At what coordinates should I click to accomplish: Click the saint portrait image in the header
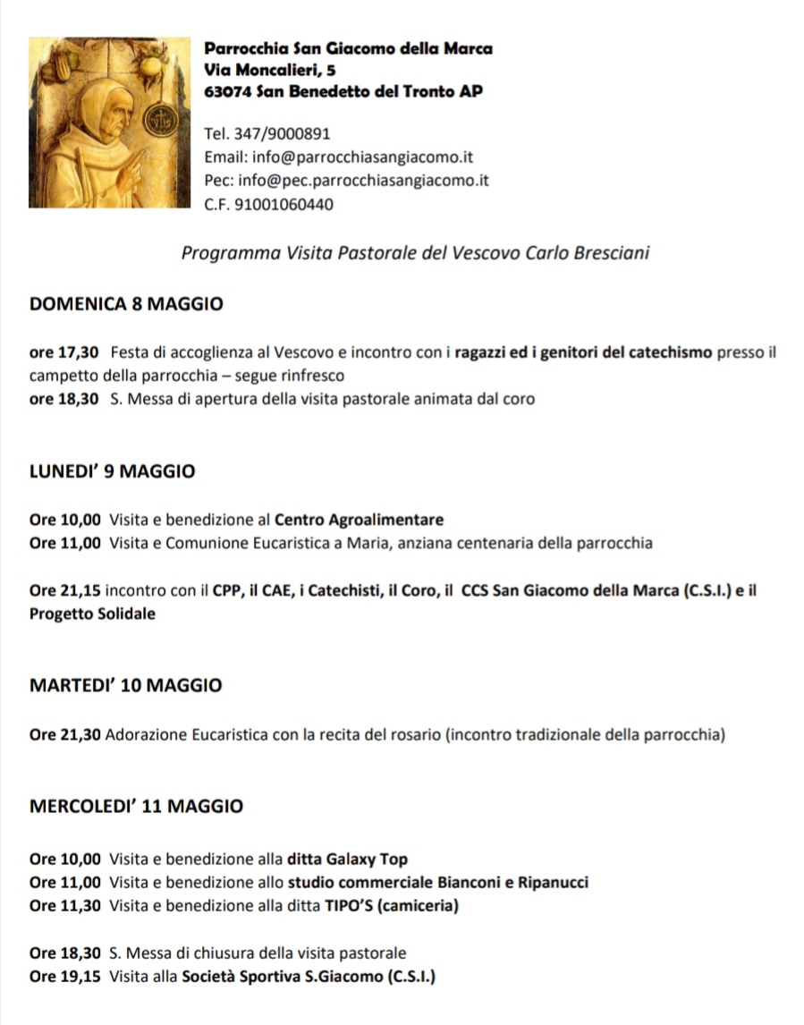pyautogui.click(x=109, y=122)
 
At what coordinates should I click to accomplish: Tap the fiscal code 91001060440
pyautogui.click(x=284, y=205)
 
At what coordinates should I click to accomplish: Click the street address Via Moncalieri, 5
pyautogui.click(x=270, y=69)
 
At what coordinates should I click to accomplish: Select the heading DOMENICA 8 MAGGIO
pyautogui.click(x=126, y=303)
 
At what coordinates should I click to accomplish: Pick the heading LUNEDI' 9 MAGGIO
pyautogui.click(x=112, y=471)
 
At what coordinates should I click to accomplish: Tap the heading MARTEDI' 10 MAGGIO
pyautogui.click(x=126, y=686)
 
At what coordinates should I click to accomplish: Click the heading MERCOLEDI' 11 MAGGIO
pyautogui.click(x=136, y=806)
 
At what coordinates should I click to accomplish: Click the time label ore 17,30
pyautogui.click(x=63, y=352)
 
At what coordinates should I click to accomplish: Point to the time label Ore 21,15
pyautogui.click(x=65, y=590)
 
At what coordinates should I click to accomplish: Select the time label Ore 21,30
pyautogui.click(x=65, y=735)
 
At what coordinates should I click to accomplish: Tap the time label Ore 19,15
pyautogui.click(x=65, y=977)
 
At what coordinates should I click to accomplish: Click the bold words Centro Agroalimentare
pyautogui.click(x=359, y=520)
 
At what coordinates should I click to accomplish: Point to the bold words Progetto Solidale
pyautogui.click(x=92, y=614)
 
